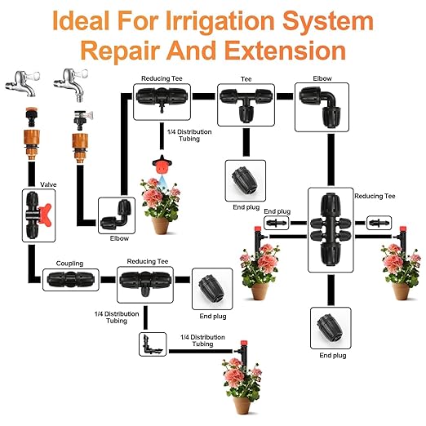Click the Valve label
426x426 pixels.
tap(47, 186)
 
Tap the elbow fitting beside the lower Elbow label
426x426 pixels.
tap(115, 215)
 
